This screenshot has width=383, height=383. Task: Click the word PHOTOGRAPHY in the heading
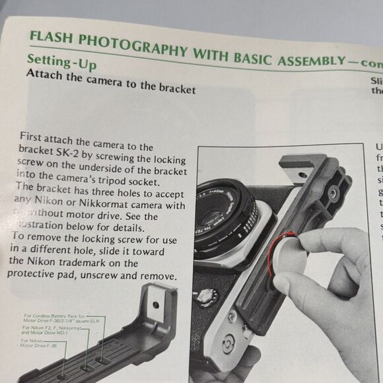point(130,45)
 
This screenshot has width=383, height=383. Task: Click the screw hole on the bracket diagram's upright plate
point(156,305)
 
